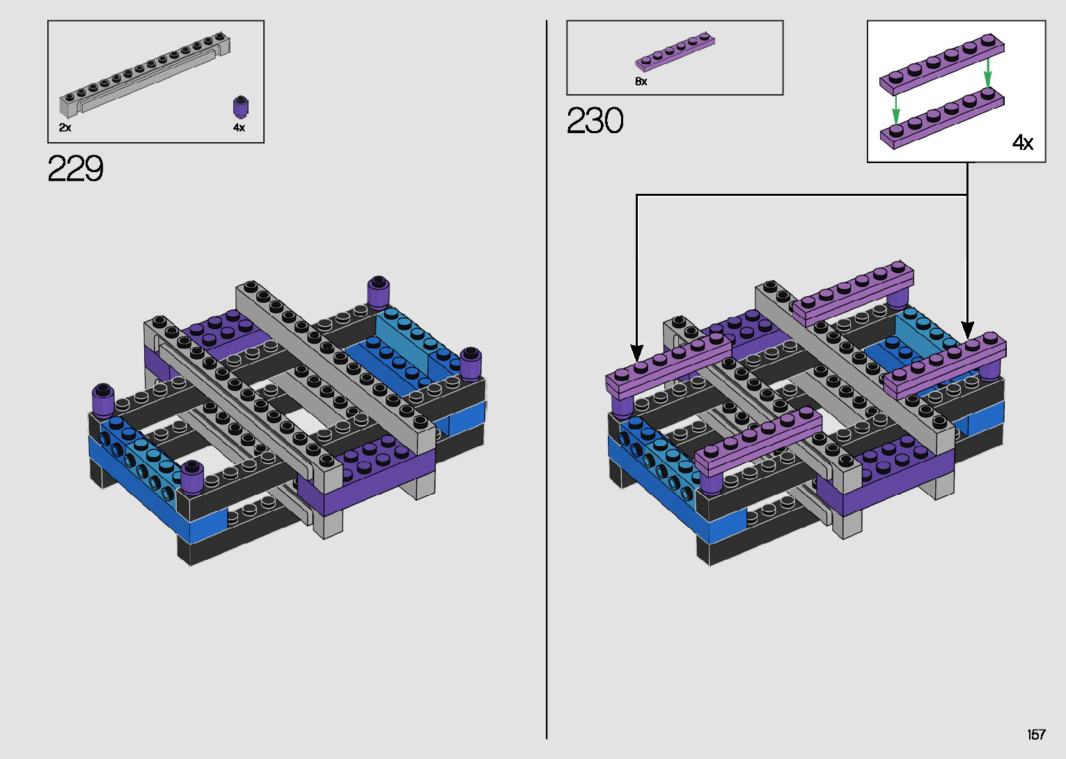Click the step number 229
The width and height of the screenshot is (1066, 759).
coord(75,168)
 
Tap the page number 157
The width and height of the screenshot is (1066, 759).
coord(1036,734)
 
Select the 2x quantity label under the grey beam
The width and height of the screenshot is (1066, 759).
coord(65,128)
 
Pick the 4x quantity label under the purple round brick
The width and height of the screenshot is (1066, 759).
coord(239,128)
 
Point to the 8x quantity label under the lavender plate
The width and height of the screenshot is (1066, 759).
coord(641,82)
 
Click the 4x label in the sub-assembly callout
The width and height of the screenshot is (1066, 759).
coord(1023,142)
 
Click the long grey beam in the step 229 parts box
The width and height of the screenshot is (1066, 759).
coord(145,75)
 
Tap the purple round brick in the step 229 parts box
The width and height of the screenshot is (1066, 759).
coord(242,107)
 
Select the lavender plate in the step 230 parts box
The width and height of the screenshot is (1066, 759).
coord(675,52)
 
